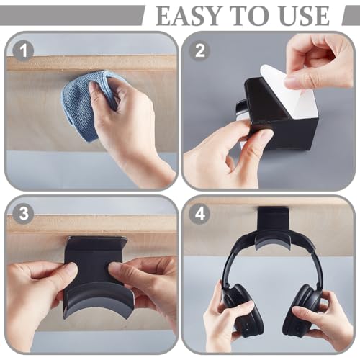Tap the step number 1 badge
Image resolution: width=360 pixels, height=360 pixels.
23,51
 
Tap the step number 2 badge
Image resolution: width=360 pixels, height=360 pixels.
199,50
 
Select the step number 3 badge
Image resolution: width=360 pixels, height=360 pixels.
23,213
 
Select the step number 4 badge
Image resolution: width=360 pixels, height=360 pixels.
199,213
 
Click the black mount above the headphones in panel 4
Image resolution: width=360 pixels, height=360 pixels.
273,221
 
